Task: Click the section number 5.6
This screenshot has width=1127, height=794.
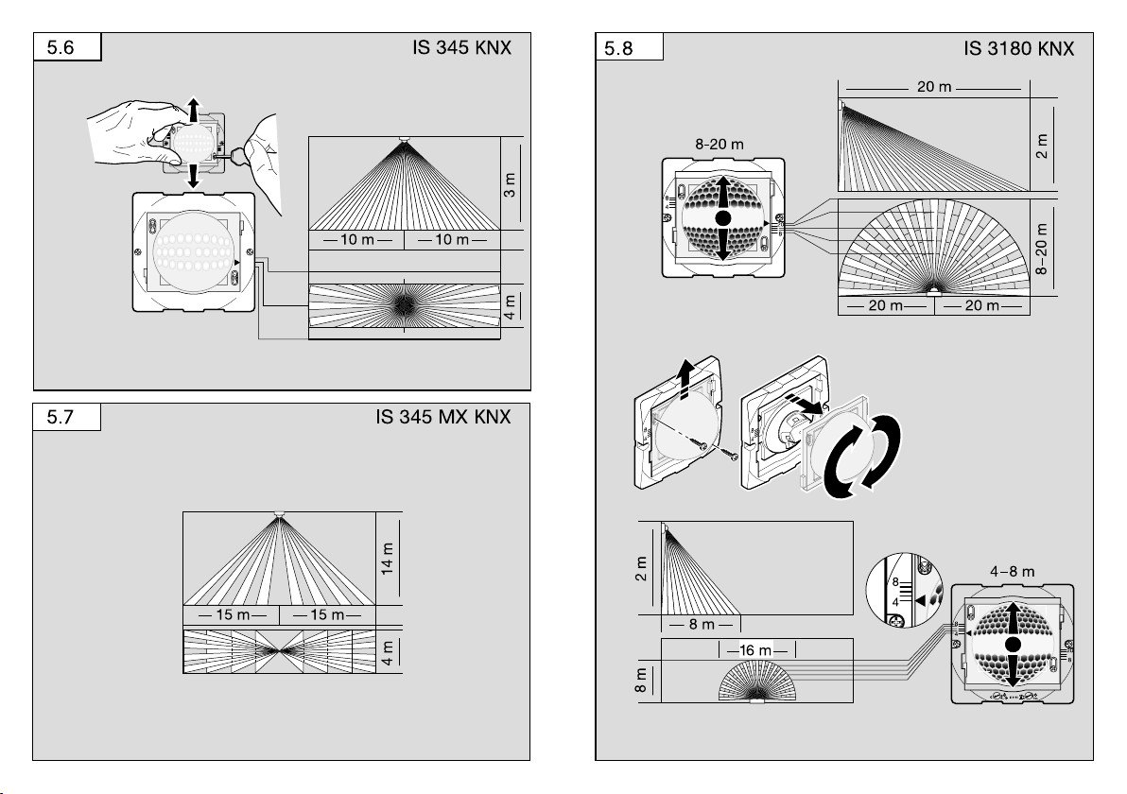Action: tap(61, 47)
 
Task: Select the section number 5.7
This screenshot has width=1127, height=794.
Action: tap(61, 418)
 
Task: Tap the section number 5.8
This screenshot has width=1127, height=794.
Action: tap(618, 49)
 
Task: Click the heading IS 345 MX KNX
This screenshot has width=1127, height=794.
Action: tap(442, 417)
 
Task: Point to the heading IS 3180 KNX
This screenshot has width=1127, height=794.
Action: tap(1018, 49)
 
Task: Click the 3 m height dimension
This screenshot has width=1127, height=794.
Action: tap(510, 184)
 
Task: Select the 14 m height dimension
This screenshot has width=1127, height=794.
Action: tap(388, 559)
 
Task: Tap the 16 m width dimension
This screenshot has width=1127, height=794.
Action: tap(755, 650)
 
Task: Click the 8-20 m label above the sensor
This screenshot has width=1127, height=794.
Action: tap(720, 145)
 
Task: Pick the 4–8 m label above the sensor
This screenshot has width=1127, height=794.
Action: tap(1012, 572)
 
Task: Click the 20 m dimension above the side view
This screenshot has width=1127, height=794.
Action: tap(934, 87)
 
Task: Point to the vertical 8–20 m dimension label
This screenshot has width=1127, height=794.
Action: tap(1042, 249)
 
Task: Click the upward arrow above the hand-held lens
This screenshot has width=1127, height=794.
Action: tap(193, 110)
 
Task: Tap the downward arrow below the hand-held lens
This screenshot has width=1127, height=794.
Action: tap(193, 176)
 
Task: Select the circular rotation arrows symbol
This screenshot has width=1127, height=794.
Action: tap(861, 457)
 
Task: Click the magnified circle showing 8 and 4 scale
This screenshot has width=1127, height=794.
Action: tap(905, 590)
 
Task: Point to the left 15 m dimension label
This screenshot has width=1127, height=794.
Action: tap(233, 615)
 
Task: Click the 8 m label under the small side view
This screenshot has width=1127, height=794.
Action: tap(702, 625)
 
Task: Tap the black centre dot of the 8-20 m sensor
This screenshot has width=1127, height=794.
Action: tap(724, 217)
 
